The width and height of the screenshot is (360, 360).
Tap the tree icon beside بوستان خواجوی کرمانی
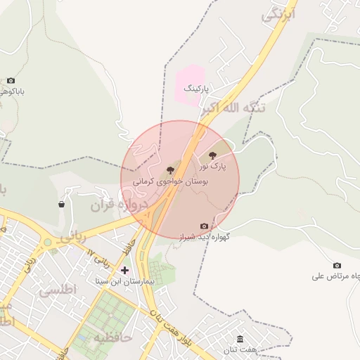[x=169, y=171]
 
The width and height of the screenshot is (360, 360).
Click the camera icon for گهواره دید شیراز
[x=204, y=226]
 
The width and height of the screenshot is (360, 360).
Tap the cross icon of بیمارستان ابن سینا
[x=124, y=270]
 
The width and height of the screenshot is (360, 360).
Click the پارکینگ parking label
[x=197, y=90]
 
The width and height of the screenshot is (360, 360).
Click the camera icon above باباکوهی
[x=11, y=81]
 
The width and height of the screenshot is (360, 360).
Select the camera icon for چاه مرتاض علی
[x=337, y=265]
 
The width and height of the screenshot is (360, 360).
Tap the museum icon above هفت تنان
[x=240, y=338]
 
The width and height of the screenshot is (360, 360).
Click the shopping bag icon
[x=62, y=205]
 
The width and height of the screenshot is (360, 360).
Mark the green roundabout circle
[x=48, y=242]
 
